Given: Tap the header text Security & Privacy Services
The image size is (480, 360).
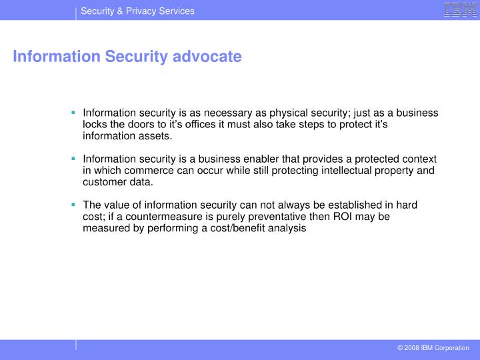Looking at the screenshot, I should point(137,11).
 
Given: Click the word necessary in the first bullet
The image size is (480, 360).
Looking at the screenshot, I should point(217,113).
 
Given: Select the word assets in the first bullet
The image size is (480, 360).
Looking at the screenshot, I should point(154,136).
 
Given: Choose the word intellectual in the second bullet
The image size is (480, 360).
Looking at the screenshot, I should point(350,171).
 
